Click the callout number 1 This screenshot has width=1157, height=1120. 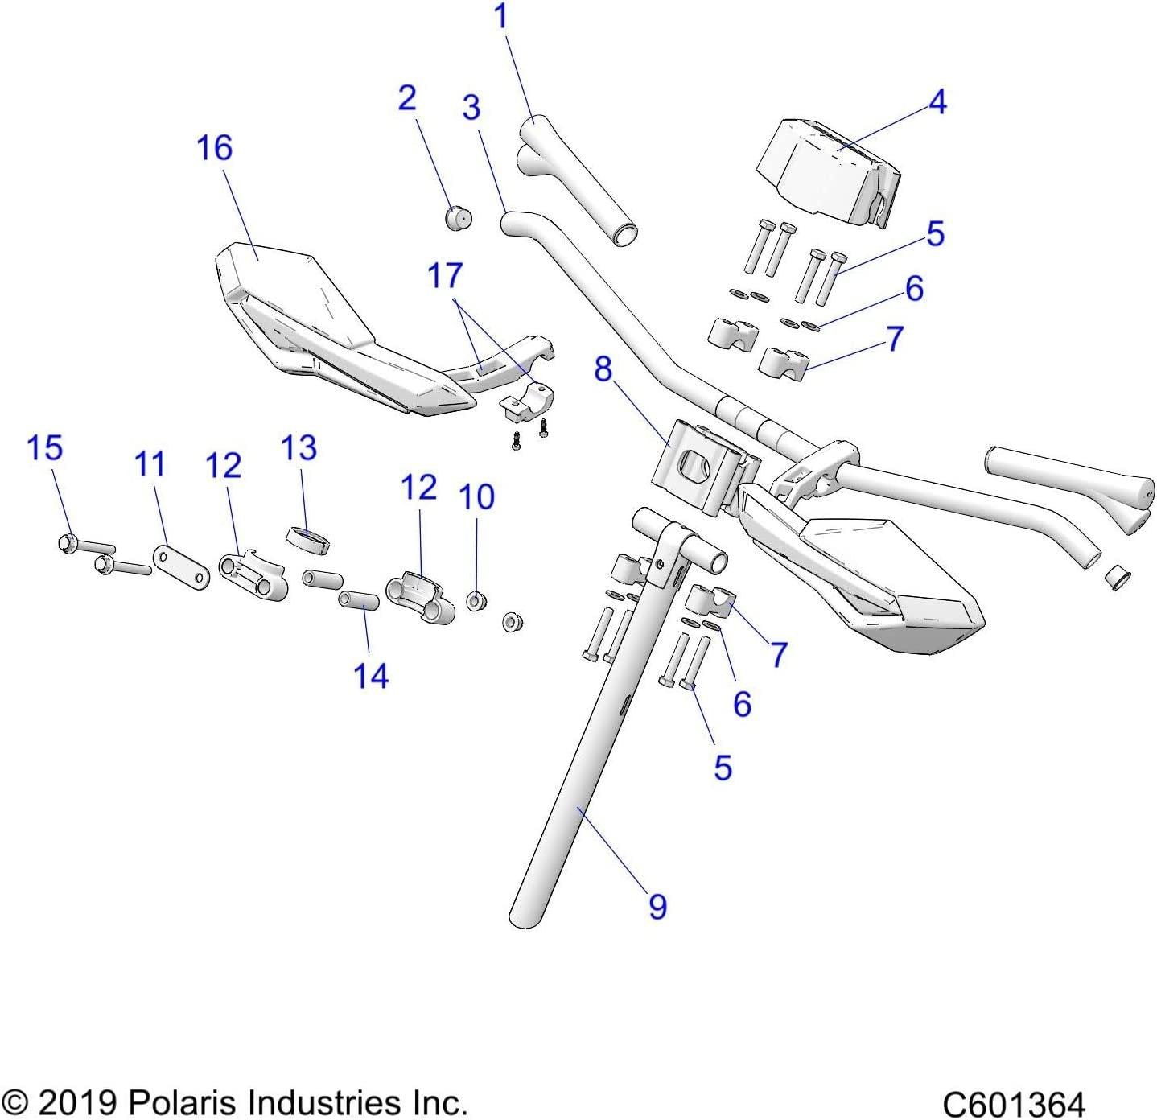pyautogui.click(x=501, y=17)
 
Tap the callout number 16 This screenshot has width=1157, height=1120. pyautogui.click(x=215, y=148)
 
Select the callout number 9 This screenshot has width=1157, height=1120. pyautogui.click(x=657, y=907)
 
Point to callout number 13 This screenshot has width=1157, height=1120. pyautogui.click(x=299, y=448)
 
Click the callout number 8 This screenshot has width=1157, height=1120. pyautogui.click(x=603, y=369)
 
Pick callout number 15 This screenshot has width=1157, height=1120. pyautogui.click(x=45, y=448)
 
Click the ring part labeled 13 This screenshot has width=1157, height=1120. pyautogui.click(x=309, y=540)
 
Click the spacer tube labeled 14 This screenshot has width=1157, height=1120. pyautogui.click(x=358, y=601)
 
